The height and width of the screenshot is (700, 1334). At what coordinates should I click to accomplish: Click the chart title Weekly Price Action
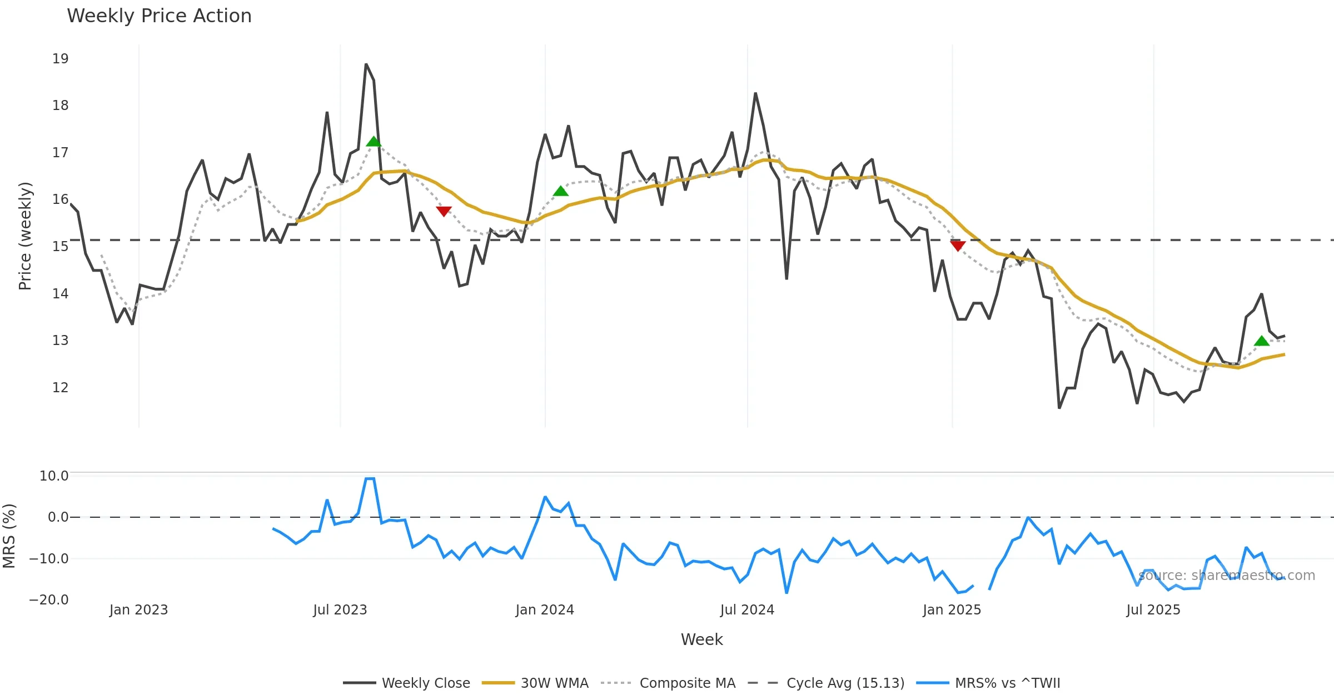pyautogui.click(x=159, y=16)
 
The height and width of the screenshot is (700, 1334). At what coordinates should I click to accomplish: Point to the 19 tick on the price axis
pyautogui.click(x=60, y=59)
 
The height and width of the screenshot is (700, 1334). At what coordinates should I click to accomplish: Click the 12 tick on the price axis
pyautogui.click(x=60, y=388)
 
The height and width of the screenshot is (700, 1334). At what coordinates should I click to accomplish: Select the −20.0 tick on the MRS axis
pyautogui.click(x=49, y=600)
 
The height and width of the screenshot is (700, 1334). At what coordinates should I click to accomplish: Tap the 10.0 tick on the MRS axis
pyautogui.click(x=54, y=476)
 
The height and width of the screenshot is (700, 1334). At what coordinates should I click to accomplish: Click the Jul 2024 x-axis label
pyautogui.click(x=747, y=610)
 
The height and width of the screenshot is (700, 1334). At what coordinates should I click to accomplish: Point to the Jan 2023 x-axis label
pyautogui.click(x=138, y=610)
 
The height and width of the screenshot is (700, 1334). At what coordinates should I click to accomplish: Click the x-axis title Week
pyautogui.click(x=701, y=640)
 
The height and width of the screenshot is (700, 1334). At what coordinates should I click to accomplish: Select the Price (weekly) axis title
pyautogui.click(x=25, y=236)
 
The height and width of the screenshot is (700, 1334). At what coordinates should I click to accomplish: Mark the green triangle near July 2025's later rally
pyautogui.click(x=1262, y=341)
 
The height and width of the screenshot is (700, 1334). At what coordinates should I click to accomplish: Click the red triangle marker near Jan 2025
pyautogui.click(x=958, y=246)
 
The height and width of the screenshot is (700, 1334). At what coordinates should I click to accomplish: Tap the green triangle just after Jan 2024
pyautogui.click(x=561, y=192)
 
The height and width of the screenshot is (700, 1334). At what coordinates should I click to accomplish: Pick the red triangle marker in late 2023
pyautogui.click(x=444, y=211)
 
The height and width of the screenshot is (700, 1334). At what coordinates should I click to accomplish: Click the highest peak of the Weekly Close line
pyautogui.click(x=366, y=65)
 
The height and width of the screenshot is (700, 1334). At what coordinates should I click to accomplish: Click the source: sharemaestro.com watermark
pyautogui.click(x=1227, y=576)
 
